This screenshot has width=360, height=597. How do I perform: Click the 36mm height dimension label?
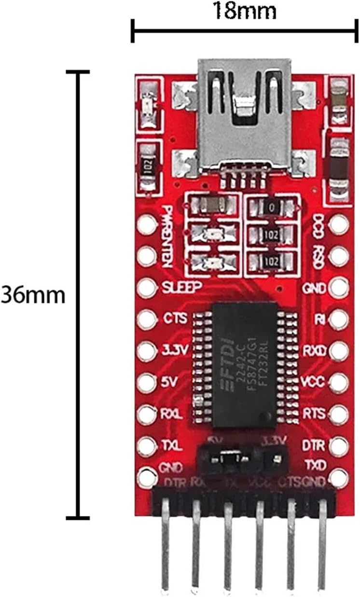pos(32,294)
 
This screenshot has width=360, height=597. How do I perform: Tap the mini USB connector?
pos(245,116)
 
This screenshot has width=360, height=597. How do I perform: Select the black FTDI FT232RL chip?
pos(245,364)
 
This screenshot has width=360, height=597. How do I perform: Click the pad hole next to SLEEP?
pos(146,288)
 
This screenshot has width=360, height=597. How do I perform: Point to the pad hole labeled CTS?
pos(146,319)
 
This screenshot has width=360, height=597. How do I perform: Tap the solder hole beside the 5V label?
pos(146,383)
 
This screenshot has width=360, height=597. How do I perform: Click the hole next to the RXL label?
pos(146,414)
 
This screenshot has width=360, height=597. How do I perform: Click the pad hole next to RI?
pos(339,319)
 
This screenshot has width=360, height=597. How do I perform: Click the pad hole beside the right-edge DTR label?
pos(339,445)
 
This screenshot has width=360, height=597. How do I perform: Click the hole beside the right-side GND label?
pos(339,288)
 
